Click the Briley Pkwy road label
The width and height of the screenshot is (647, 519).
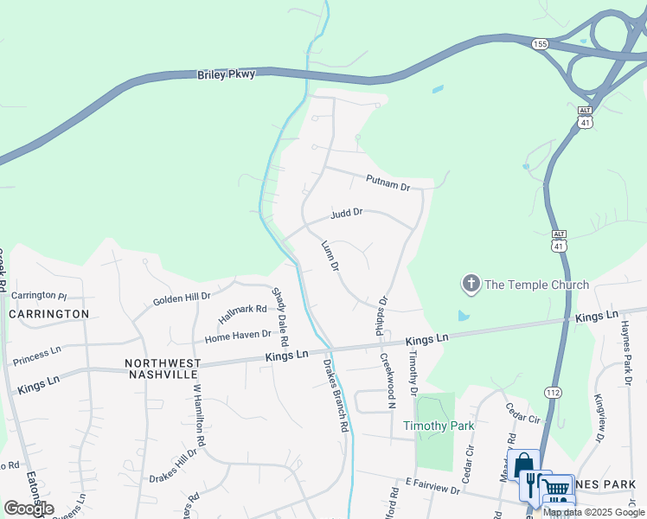(x=227, y=75)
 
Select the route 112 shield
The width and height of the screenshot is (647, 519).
(x=553, y=393)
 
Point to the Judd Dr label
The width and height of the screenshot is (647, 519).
(x=345, y=212)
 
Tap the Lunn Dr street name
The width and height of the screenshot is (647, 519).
(x=330, y=257)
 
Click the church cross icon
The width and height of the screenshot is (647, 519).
(x=471, y=283)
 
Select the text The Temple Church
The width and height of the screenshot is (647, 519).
(x=536, y=285)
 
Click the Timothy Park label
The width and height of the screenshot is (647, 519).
(x=439, y=426)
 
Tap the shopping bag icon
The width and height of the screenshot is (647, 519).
(x=523, y=467)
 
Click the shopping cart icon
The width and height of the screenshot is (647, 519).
(x=558, y=488)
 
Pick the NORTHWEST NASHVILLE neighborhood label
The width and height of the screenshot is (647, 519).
(x=163, y=368)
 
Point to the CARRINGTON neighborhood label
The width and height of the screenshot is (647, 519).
(x=49, y=313)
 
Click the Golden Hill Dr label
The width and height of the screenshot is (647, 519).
(x=182, y=298)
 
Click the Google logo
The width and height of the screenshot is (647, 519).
(x=29, y=509)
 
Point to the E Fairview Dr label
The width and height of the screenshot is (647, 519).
(x=431, y=490)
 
